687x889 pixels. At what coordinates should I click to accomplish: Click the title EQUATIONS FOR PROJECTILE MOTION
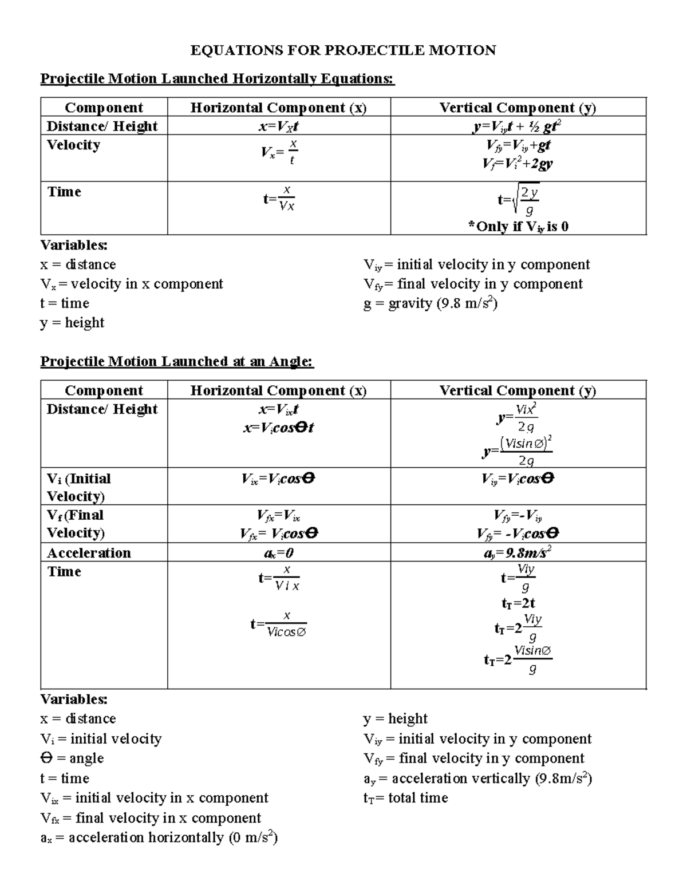click(343, 50)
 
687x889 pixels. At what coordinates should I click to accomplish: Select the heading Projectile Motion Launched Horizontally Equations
click(217, 78)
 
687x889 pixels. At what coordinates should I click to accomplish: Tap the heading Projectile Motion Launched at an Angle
click(177, 361)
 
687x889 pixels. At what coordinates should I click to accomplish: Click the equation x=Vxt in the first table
click(278, 126)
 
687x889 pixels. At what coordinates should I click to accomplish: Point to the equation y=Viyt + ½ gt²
click(519, 126)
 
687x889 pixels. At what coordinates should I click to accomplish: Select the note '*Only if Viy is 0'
click(518, 227)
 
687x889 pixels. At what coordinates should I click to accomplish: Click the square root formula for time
click(519, 201)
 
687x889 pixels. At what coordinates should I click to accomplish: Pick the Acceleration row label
click(89, 553)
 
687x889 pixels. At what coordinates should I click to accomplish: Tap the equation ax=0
click(278, 553)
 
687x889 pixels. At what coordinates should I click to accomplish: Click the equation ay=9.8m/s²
click(518, 552)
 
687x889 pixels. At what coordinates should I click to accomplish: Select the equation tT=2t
click(518, 603)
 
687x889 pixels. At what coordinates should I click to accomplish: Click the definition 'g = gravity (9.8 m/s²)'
click(431, 303)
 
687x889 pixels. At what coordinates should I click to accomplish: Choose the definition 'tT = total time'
click(405, 798)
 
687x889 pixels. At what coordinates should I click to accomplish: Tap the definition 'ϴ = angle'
click(72, 758)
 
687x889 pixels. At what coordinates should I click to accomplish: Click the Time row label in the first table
click(64, 192)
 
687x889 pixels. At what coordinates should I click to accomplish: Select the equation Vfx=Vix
click(278, 516)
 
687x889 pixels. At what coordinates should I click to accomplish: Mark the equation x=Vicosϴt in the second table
click(278, 428)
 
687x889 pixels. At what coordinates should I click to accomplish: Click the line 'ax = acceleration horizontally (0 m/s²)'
click(159, 837)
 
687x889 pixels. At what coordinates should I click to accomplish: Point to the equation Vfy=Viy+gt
click(518, 145)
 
